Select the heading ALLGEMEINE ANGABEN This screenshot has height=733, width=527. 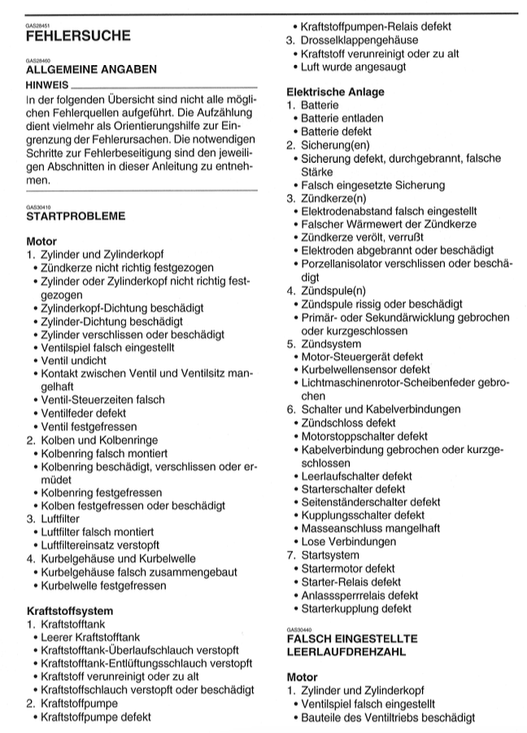[92, 70]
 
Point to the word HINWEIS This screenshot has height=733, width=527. [47, 84]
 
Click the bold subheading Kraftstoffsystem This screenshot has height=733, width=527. [69, 610]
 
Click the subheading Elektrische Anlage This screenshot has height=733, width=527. [335, 92]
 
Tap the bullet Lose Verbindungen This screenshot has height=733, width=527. [349, 542]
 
